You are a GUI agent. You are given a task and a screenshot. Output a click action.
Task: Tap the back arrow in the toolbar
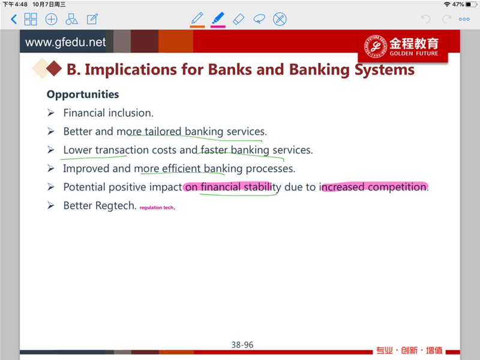point(14,19)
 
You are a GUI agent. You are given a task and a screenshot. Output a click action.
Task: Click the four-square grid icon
point(31,19)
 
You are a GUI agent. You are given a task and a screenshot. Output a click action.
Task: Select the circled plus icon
point(51,19)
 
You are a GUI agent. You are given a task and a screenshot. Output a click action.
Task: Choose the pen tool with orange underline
point(197,19)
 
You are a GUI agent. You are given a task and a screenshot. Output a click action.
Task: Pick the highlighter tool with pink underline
point(218,19)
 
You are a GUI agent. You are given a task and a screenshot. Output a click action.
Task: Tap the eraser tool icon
point(238,19)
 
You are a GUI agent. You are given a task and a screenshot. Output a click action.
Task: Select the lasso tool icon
point(259,19)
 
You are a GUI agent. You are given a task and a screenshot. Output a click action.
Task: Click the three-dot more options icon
point(464,19)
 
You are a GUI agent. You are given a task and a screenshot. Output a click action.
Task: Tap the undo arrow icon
point(426,19)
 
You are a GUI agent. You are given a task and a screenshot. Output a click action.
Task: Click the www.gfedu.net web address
point(65,42)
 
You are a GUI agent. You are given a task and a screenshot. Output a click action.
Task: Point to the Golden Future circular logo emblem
point(376,46)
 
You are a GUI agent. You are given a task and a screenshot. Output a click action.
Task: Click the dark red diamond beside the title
point(54,68)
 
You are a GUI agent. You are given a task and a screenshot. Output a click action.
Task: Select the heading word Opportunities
point(83,94)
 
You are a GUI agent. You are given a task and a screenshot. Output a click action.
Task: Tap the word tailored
point(163,131)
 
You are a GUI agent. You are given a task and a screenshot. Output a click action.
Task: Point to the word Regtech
point(116,206)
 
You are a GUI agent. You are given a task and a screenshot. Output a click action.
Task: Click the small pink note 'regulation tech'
point(157,208)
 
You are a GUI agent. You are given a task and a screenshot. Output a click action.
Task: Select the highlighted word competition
point(397,187)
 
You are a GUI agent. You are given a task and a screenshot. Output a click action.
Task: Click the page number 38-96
point(242,345)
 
